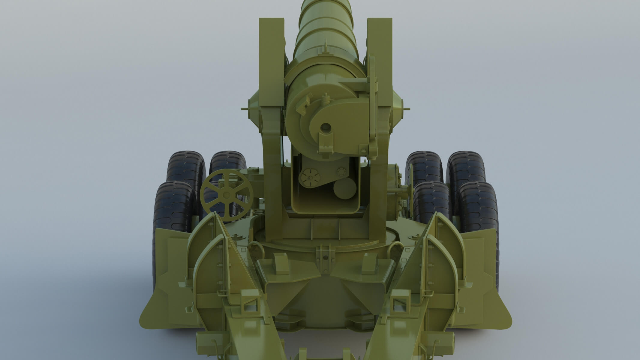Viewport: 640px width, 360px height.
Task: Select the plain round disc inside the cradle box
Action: click(x=345, y=189)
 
